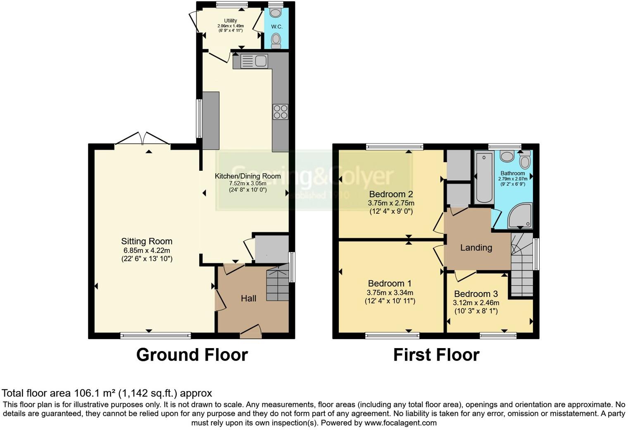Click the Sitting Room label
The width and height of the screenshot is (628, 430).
pyautogui.click(x=146, y=241)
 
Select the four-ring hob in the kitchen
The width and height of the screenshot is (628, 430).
pyautogui.click(x=280, y=112)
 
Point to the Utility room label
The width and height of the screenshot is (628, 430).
pyautogui.click(x=231, y=21)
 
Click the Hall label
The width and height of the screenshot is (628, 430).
pyautogui.click(x=248, y=299)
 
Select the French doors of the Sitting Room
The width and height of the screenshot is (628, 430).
pyautogui.click(x=143, y=139)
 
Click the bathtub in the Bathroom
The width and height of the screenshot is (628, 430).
pyautogui.click(x=484, y=177)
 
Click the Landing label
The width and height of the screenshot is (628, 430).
pyautogui.click(x=476, y=248)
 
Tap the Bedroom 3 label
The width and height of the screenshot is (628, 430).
pyautogui.click(x=476, y=294)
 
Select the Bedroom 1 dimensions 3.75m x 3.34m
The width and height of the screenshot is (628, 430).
pyautogui.click(x=390, y=293)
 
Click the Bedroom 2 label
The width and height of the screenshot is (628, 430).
pyautogui.click(x=391, y=194)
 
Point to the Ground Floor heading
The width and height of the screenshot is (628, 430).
pyautogui.click(x=192, y=355)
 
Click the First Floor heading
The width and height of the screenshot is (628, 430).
pyautogui.click(x=436, y=355)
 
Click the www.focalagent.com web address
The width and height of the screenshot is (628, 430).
pyautogui.click(x=400, y=423)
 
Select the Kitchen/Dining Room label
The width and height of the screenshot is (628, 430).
pyautogui.click(x=247, y=176)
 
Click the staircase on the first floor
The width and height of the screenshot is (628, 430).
pyautogui.click(x=521, y=265)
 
